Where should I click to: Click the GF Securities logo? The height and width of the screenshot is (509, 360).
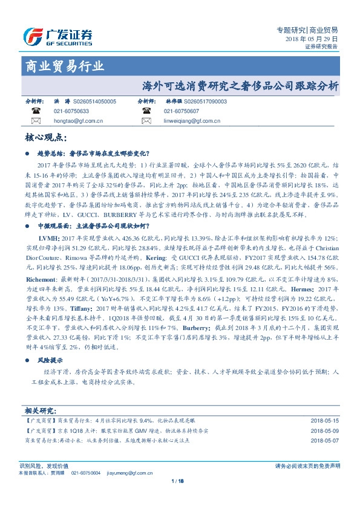coord(57,36)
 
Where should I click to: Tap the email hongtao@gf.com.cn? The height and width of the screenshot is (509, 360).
coord(79,121)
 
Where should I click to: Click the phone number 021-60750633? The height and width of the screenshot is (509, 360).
coord(71,112)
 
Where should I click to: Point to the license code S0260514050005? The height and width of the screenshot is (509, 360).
coord(94,102)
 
